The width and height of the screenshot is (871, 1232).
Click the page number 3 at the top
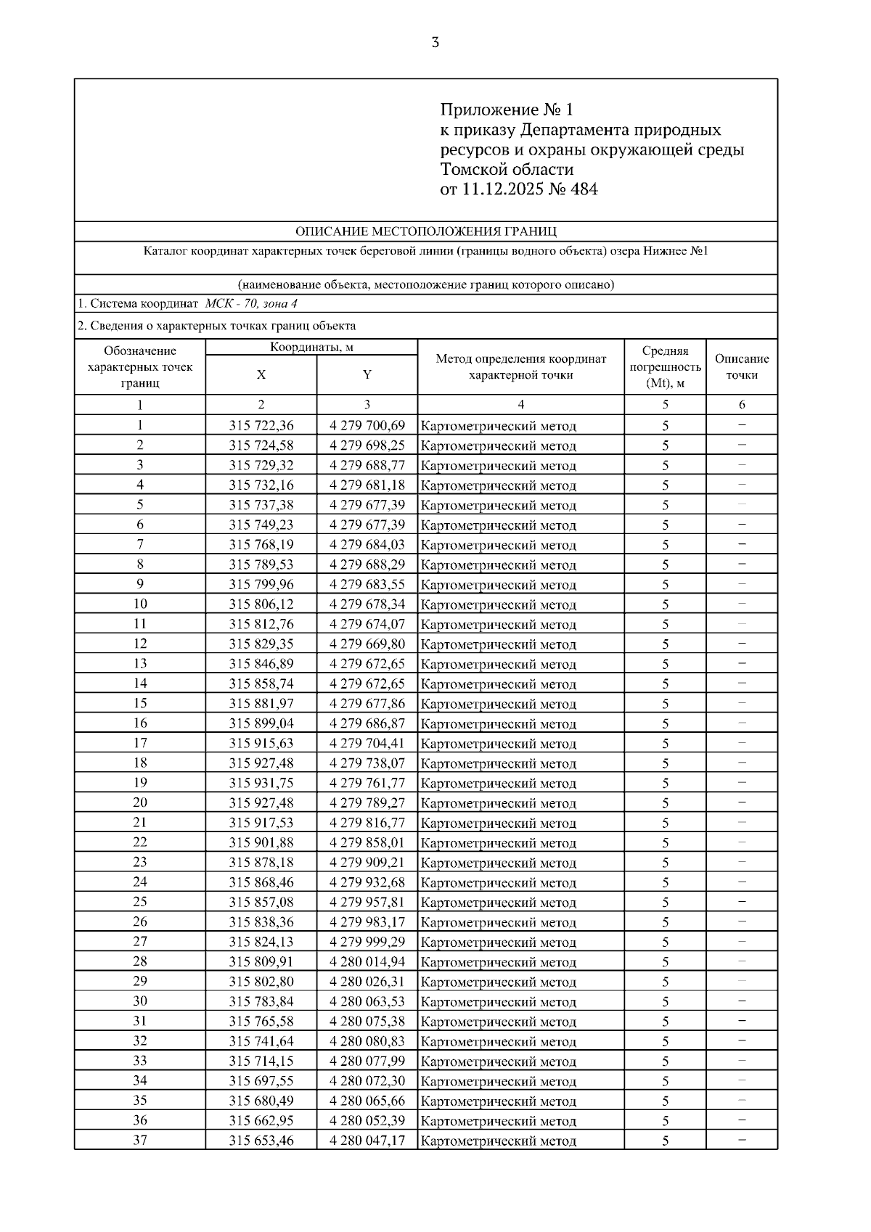pos(435,42)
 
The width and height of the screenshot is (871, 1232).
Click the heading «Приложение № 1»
pos(507,110)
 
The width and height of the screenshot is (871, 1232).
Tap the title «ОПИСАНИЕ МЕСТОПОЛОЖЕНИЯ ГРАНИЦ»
pos(426,231)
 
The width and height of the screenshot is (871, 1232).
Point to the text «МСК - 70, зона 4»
pos(251,304)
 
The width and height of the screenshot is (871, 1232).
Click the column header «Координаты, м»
pos(311,347)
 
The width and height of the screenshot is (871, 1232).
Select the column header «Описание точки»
pos(742,366)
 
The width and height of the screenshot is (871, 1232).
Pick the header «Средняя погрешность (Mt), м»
pos(665,366)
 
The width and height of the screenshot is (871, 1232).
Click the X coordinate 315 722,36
pos(261,425)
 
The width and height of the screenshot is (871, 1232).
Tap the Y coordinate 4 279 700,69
pos(367,425)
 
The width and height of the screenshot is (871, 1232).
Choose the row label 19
pos(140,782)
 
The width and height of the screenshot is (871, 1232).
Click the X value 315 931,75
pos(261,782)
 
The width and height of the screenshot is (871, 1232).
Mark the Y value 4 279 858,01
pos(367,842)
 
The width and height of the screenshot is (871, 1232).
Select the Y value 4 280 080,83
pos(367,1040)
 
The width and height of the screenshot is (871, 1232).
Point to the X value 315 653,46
pos(261,1140)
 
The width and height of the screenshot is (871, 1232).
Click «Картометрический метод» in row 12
pos(499,644)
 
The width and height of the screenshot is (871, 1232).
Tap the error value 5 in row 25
pos(665,902)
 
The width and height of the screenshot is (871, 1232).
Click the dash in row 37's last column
pos(742,1140)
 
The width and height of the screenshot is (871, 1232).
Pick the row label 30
pos(140,1001)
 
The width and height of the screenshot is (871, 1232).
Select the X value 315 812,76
pos(261,624)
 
